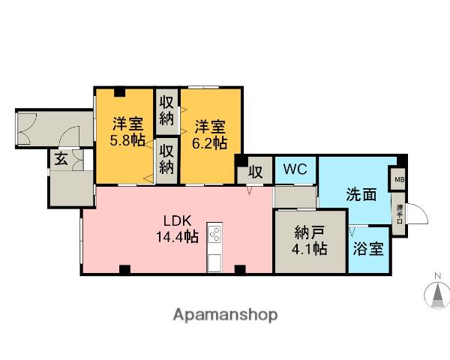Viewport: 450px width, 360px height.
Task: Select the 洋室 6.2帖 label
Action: pos(210,132)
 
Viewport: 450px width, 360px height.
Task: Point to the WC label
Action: pos(295,169)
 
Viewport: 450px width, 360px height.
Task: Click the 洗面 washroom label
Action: pos(360,194)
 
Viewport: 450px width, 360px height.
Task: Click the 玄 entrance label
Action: pos(59,159)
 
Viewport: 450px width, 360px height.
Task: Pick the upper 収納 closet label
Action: pos(166,110)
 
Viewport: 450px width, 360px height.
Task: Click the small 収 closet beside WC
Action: pos(255,172)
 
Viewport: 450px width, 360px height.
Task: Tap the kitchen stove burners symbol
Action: pos(214,235)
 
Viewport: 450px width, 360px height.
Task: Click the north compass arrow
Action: pos(436,295)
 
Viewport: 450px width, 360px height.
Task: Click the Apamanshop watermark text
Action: pos(225,315)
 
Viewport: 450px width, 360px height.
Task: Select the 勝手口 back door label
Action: pos(398,212)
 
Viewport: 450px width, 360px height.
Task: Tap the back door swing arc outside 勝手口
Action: pos(418,214)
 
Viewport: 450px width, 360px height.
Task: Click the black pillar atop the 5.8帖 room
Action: pos(118,92)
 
